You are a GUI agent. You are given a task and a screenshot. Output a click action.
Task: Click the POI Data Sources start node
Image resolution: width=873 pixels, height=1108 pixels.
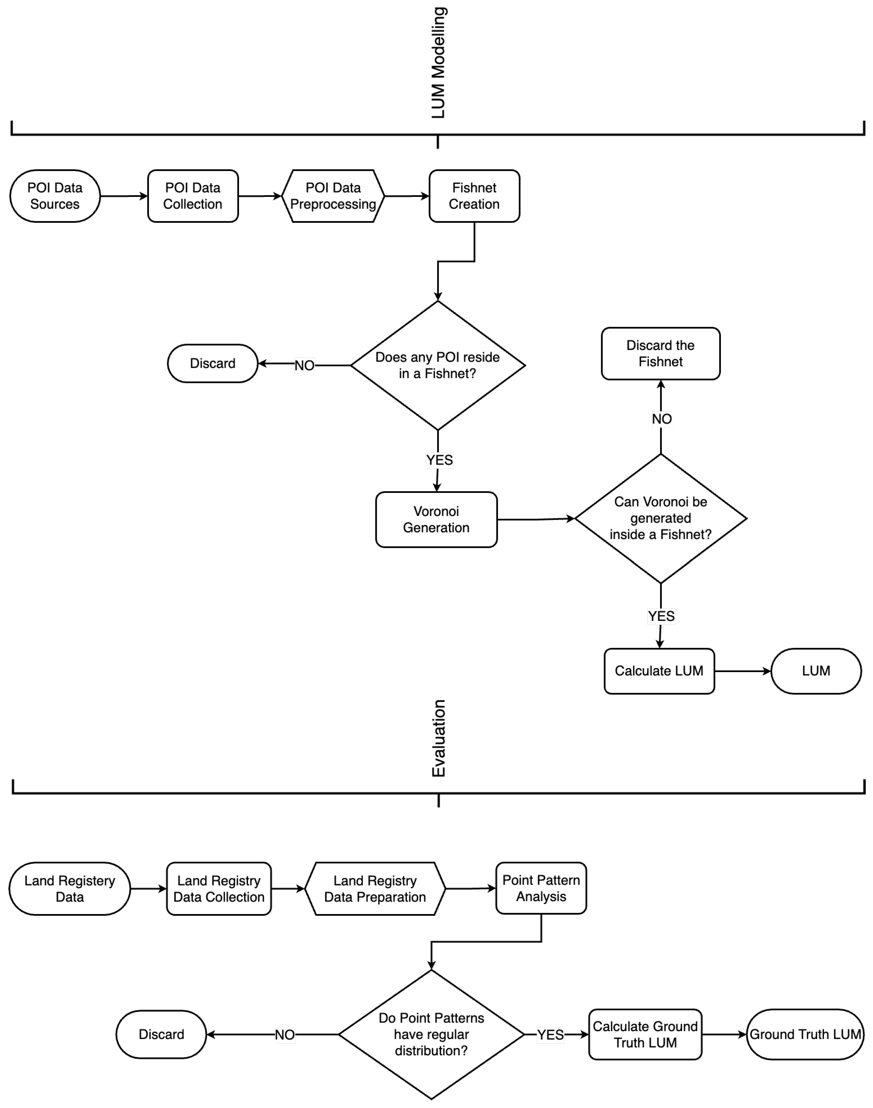click(x=55, y=196)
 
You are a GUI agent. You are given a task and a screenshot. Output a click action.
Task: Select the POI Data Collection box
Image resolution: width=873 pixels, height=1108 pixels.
click(x=193, y=196)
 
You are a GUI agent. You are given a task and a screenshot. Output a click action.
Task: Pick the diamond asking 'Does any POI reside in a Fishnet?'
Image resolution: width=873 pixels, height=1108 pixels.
click(x=438, y=365)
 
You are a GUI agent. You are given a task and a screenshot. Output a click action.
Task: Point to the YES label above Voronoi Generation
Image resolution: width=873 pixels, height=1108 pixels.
click(x=439, y=460)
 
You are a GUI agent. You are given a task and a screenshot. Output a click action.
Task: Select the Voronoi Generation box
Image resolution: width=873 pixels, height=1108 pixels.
click(x=436, y=519)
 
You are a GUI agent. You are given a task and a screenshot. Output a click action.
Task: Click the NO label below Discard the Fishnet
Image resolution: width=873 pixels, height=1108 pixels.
click(x=661, y=419)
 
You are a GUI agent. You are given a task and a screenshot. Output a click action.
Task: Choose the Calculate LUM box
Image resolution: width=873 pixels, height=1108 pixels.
click(x=659, y=670)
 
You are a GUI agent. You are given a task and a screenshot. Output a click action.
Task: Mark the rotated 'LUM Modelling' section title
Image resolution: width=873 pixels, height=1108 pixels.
click(x=438, y=62)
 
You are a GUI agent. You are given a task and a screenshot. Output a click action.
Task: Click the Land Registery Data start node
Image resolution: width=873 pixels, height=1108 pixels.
click(x=69, y=888)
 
